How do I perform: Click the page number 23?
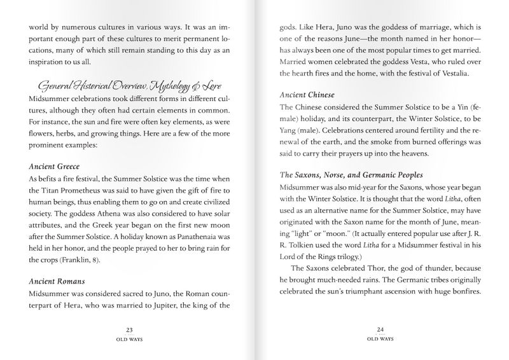130,329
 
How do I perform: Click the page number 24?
379,329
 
